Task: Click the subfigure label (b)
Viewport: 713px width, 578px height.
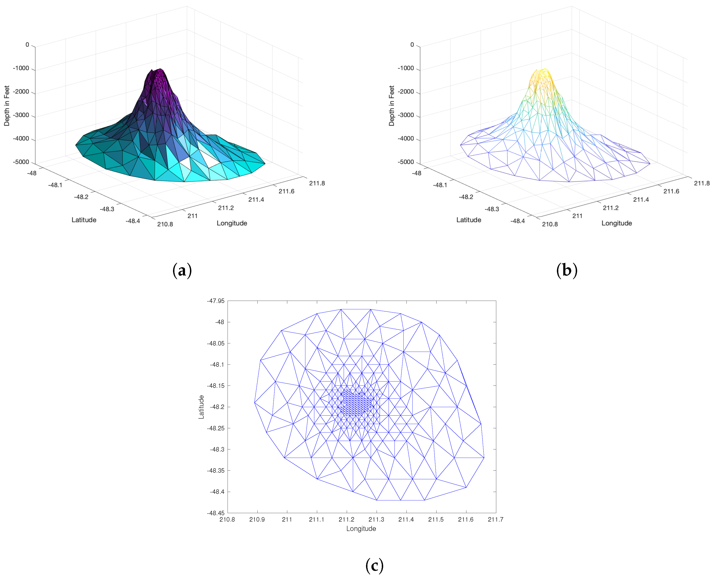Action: click(x=567, y=270)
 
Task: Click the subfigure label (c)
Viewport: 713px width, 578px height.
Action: click(x=374, y=565)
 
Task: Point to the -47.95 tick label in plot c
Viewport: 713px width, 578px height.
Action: click(x=216, y=301)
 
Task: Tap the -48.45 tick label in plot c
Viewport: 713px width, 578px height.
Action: click(x=216, y=513)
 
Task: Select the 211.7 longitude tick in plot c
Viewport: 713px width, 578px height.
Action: click(x=495, y=519)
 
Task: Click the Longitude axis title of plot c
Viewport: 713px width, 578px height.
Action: click(x=361, y=528)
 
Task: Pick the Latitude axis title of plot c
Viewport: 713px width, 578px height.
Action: click(x=201, y=407)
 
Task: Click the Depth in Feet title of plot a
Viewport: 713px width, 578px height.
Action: click(x=7, y=106)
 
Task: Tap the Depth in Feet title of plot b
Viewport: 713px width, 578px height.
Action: click(x=391, y=106)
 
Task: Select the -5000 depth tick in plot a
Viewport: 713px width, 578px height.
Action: click(x=21, y=162)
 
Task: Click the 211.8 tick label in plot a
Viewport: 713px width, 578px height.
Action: click(x=317, y=183)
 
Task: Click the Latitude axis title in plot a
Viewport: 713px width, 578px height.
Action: click(x=84, y=220)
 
